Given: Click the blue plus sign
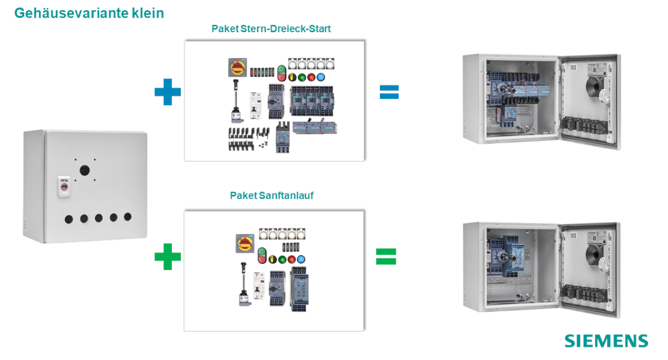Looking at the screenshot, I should point(168,92).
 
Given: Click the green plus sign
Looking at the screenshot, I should point(168,257).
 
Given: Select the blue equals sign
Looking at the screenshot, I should point(389,92).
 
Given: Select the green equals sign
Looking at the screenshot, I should point(386,256).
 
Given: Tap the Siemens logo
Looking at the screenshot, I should point(606,341).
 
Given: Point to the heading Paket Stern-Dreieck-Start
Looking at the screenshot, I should point(271,28).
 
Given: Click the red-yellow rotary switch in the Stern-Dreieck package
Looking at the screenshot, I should point(237,68).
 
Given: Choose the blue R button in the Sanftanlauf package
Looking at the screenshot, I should point(301,259).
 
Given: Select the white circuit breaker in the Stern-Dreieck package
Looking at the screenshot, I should point(256,105).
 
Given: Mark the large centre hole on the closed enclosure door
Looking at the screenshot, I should point(84,170).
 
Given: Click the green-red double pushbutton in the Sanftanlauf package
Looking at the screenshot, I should point(263,258).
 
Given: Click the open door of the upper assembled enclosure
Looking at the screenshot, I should point(588,100).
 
